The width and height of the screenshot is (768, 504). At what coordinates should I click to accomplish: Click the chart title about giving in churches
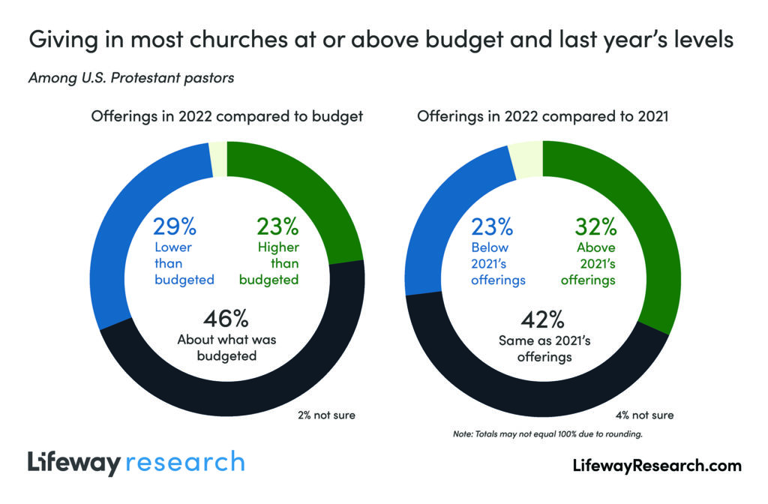[381, 40]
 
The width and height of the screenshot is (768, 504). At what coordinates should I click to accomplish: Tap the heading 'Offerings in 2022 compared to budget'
[226, 116]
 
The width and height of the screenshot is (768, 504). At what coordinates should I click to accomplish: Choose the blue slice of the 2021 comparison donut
[442, 217]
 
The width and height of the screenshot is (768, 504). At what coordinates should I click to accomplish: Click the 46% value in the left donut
[226, 318]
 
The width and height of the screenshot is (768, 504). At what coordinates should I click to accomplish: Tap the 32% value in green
[595, 226]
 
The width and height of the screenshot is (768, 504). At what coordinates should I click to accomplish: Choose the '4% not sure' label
[645, 415]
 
